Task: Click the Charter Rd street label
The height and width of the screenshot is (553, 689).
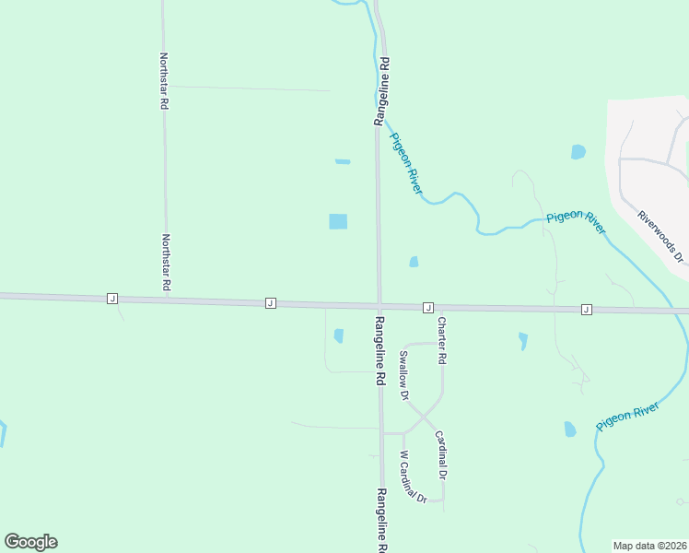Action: click(x=442, y=339)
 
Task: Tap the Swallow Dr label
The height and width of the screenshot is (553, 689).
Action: click(x=403, y=374)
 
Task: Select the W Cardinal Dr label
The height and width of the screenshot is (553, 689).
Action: click(x=413, y=477)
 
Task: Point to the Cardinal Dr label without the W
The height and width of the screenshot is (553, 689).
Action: click(x=441, y=454)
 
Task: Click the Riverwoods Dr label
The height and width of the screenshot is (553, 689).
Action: click(x=662, y=236)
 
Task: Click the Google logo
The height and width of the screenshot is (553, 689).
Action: click(x=30, y=542)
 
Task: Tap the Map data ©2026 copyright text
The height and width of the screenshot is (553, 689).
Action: click(x=649, y=545)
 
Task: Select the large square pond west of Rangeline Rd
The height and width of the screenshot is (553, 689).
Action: click(x=338, y=221)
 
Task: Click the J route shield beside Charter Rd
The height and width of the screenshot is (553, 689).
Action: click(x=427, y=306)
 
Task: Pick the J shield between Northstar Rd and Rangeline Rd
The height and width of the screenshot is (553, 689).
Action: click(x=270, y=302)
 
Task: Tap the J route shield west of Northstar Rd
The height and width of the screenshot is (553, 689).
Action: click(x=111, y=298)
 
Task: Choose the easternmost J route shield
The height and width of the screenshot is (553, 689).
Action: click(x=586, y=310)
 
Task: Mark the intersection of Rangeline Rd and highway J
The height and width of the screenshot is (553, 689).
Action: click(x=379, y=305)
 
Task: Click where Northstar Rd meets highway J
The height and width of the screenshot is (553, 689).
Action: click(x=166, y=299)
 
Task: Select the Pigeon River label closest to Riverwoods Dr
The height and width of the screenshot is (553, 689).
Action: click(x=576, y=222)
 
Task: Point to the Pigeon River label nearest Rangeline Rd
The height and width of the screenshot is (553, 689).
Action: click(x=406, y=163)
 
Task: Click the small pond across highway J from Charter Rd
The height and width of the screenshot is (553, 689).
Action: click(x=414, y=262)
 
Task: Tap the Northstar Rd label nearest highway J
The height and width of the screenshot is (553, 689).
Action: click(x=167, y=263)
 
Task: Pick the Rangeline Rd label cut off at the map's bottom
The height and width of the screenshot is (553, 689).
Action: click(x=381, y=521)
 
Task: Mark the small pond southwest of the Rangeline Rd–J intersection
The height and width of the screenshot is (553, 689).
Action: click(x=338, y=335)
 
